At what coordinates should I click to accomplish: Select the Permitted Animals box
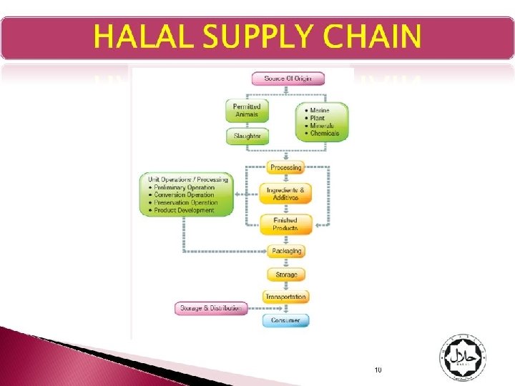247,110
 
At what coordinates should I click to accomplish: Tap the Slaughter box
247,135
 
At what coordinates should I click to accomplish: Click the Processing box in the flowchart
285,167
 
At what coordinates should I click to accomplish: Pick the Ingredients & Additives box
285,194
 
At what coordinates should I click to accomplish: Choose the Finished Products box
285,224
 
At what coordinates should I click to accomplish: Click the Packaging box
285,251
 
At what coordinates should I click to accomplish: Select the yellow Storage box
285,274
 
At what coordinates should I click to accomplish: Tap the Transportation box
285,297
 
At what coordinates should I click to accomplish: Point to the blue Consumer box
285,320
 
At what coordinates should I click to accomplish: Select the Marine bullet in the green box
320,111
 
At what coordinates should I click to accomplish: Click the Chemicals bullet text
324,133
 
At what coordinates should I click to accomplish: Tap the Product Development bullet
184,210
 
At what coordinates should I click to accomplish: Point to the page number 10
378,370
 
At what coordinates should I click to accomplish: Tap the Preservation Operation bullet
185,202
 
